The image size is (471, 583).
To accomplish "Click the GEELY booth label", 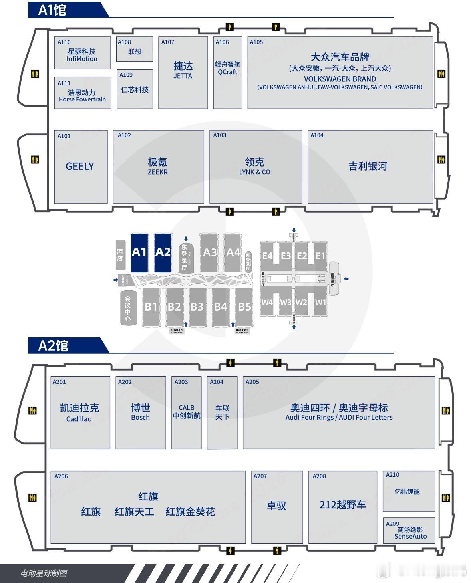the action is click(80, 166).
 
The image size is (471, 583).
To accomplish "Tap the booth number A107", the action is click(168, 42).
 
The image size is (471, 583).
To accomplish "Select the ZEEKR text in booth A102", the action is click(158, 172).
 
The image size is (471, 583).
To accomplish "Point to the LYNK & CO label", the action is click(254, 172).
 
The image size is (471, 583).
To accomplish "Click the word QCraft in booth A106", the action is click(227, 72).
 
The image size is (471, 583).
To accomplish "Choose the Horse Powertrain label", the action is click(82, 99).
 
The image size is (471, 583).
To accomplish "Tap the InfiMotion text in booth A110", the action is click(82, 59).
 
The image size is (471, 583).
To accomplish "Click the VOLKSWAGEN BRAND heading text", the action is click(340, 79).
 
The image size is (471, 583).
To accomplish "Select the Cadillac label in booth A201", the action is click(79, 419).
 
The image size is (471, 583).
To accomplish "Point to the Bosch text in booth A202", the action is click(140, 418).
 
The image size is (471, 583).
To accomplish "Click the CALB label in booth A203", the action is click(187, 408).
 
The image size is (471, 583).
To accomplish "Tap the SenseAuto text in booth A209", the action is click(410, 537).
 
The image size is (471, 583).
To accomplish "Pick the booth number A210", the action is click(392, 475).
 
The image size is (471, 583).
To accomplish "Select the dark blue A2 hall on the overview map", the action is click(163, 252).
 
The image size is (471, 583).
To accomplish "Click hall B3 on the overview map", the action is click(197, 307).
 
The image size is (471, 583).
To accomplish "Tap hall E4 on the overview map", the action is click(267, 256).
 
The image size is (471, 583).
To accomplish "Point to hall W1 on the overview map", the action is click(320, 302).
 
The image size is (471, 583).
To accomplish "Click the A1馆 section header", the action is click(52, 10).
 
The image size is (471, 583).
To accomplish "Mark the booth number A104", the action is click(317, 135).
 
